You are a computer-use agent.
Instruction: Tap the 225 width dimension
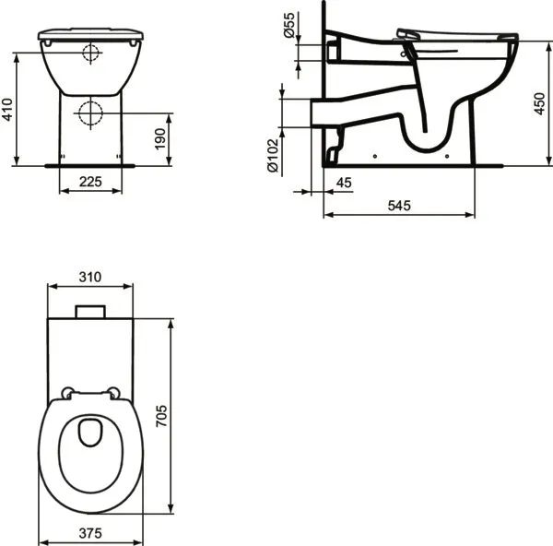click(x=89, y=183)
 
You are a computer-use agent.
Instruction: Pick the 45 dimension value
click(x=344, y=184)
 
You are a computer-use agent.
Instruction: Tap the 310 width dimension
click(x=89, y=277)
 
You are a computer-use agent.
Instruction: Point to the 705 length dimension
click(x=184, y=417)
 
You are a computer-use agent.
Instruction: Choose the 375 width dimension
click(x=89, y=532)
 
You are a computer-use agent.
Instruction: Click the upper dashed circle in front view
click(x=89, y=53)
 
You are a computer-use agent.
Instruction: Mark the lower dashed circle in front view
click(x=89, y=113)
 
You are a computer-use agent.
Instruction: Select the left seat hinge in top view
click(x=67, y=392)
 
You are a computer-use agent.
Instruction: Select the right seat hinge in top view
click(x=113, y=392)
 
